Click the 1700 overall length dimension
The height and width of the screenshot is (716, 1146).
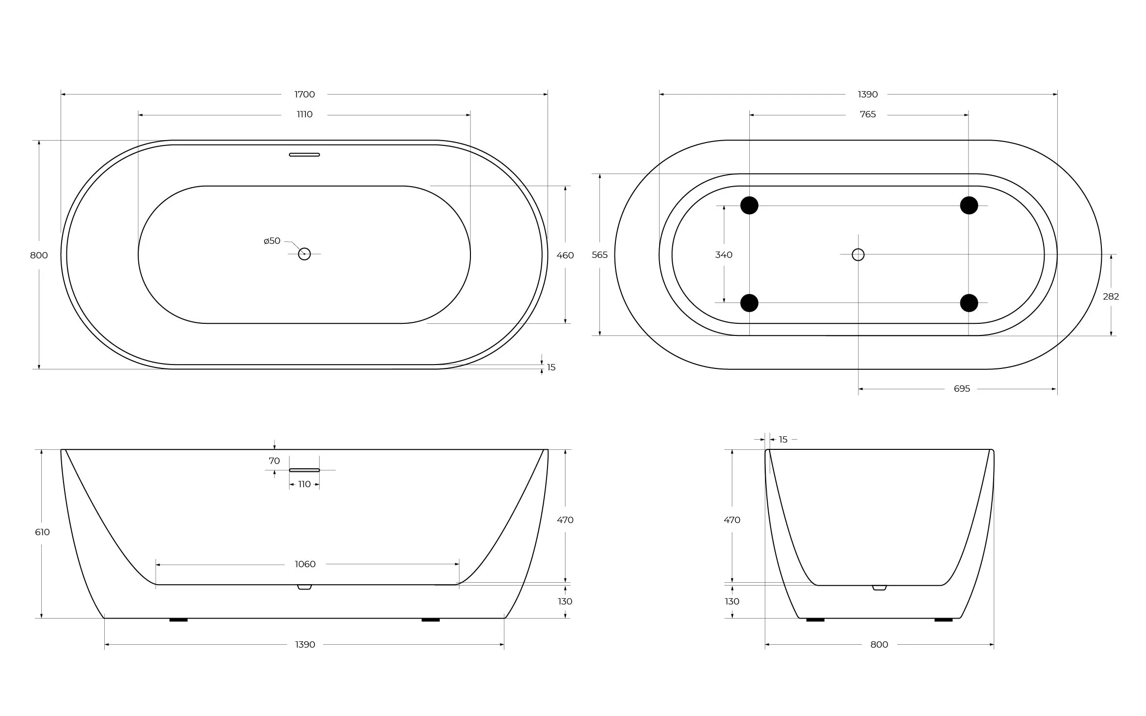coord(305,94)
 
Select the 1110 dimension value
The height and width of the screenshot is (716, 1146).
coord(305,114)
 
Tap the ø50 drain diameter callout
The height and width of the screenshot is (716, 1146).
coord(272,241)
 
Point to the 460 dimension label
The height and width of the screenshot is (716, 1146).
coord(565,255)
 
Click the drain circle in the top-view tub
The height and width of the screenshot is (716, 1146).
coord(304,254)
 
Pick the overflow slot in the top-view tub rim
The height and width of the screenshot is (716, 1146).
coord(305,155)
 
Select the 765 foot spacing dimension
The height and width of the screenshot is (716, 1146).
coord(868,114)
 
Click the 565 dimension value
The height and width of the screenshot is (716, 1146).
coord(599,255)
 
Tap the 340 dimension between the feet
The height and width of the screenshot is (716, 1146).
coord(724,255)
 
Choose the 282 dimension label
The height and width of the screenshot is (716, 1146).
coord(1111,297)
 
